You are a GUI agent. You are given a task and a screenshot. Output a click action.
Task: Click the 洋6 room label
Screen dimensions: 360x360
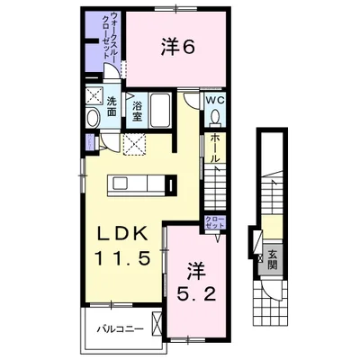178,47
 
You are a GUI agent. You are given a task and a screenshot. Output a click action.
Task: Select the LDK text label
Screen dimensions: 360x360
123,232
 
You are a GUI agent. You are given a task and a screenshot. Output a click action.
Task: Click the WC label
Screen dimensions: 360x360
217,100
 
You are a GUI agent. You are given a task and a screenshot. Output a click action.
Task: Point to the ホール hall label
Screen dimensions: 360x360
215,148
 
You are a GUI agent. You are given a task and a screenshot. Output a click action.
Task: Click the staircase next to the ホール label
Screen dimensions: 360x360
220,188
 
